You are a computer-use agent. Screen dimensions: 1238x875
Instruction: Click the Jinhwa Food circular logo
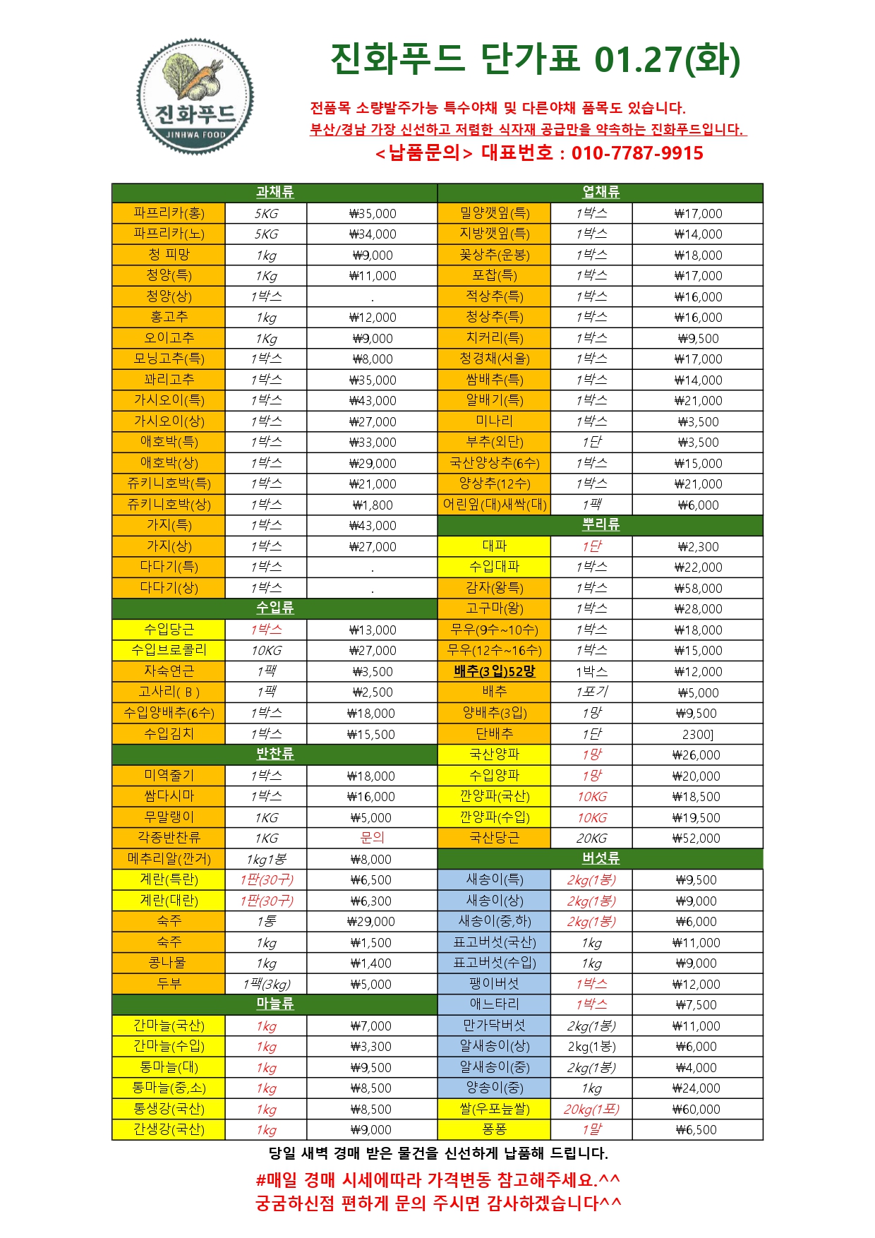pos(195,97)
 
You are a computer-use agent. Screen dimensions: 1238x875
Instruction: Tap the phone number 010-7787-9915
pos(637,153)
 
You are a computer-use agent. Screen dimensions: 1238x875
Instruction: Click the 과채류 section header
pos(274,192)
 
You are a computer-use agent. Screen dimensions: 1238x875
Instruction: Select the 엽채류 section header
pos(601,192)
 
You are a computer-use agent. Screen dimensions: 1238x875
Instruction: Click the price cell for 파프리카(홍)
pos(373,213)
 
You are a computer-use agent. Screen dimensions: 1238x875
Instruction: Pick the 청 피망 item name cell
pos(169,255)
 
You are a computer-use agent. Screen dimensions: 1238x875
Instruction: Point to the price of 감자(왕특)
pos(698,588)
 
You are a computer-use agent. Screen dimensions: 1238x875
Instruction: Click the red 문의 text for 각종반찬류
pos(372,838)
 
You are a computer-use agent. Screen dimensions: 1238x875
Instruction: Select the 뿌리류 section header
pos(601,525)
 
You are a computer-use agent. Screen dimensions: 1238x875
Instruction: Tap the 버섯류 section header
pos(601,858)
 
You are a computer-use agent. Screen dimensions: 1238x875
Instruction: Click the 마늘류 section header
pos(274,1004)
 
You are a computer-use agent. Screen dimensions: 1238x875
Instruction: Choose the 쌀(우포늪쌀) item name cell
pos(494,1109)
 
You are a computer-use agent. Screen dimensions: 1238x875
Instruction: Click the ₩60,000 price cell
pos(696,1109)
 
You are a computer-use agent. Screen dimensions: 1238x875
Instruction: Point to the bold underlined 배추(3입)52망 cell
pos(494,671)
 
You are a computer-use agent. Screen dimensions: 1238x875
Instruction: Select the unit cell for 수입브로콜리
pos(266,650)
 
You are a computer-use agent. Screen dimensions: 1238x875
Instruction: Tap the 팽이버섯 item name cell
pos(494,983)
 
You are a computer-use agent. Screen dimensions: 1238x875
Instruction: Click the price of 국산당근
pos(696,838)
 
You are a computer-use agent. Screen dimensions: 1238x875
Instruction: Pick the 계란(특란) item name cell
pos(169,879)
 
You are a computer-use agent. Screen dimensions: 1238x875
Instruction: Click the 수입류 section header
pos(274,608)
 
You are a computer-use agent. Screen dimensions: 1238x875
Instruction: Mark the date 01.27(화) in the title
pos(667,59)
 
